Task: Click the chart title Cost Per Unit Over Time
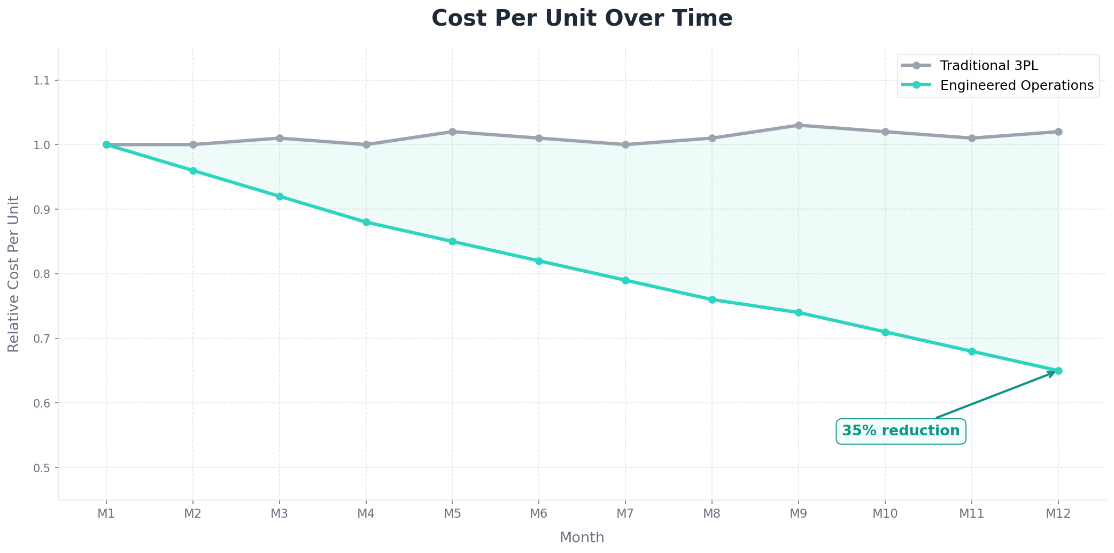(582, 18)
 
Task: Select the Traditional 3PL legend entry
(988, 66)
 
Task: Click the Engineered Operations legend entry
(1016, 86)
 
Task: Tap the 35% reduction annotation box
(901, 431)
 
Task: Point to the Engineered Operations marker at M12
(1058, 371)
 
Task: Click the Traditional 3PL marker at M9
(799, 125)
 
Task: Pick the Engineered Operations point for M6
(539, 261)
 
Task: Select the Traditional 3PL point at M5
(452, 132)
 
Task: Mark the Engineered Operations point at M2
(193, 171)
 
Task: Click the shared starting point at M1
(106, 144)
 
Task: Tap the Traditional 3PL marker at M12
(1058, 132)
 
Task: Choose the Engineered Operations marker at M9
(799, 312)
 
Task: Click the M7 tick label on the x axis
(625, 514)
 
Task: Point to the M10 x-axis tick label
(885, 514)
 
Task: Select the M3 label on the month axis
(279, 514)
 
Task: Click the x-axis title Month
(582, 537)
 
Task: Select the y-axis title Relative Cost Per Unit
(14, 274)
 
